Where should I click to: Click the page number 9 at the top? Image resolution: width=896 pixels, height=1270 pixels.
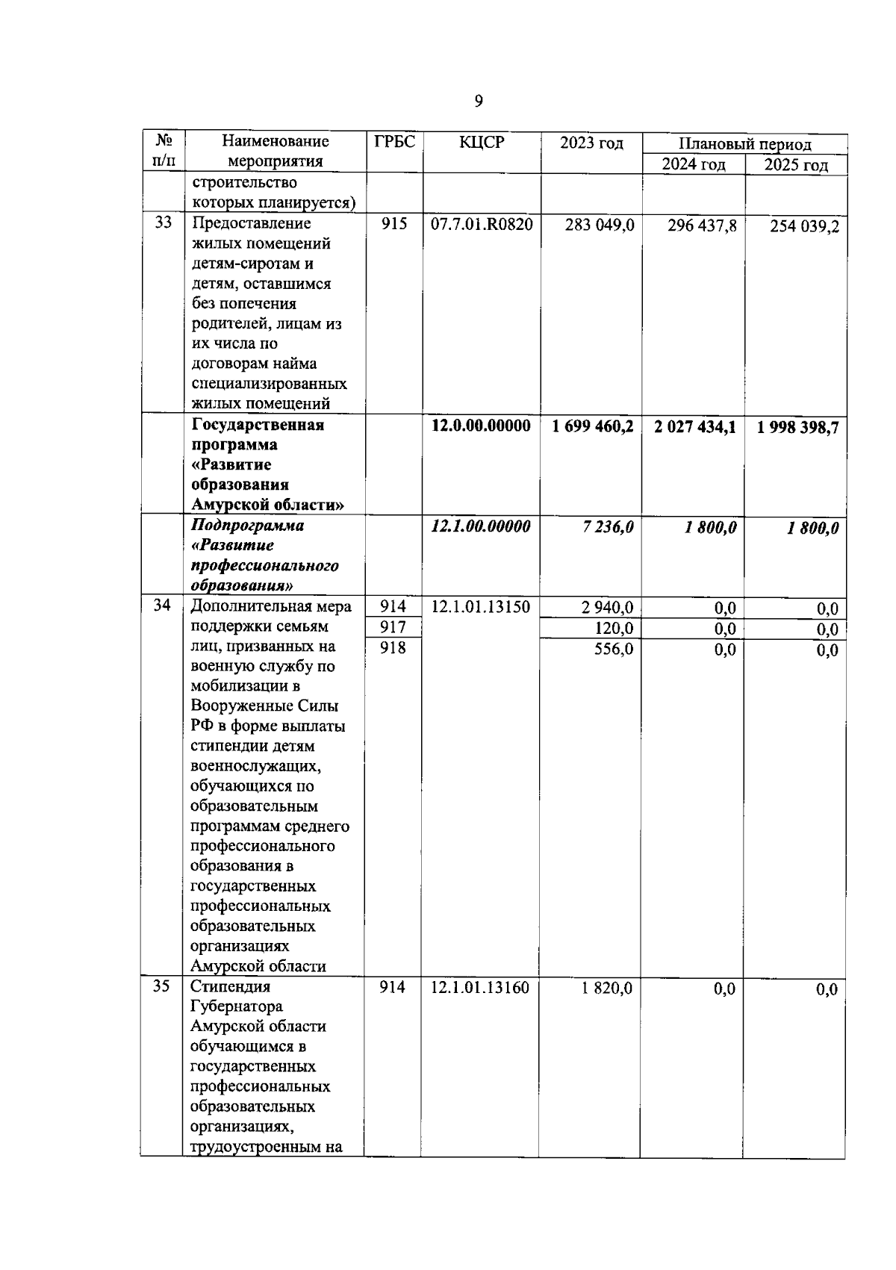coord(479,102)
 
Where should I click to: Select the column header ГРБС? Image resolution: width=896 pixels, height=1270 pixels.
coord(394,142)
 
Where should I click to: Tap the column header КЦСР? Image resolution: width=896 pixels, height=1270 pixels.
coord(482,142)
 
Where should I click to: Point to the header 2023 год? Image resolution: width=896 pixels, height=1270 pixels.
coord(591,143)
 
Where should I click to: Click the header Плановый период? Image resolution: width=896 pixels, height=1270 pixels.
coord(744,144)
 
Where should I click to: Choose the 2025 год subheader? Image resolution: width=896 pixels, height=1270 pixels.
coord(796,165)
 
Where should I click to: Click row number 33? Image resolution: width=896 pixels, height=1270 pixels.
coord(163,222)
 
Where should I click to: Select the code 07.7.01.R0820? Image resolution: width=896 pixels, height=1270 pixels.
coord(482,223)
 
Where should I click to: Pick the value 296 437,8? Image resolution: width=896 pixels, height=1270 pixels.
coord(701,225)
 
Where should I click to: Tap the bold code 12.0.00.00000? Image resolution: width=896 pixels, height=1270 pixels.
coord(482,426)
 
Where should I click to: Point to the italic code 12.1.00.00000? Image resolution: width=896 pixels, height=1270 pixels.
coord(482,526)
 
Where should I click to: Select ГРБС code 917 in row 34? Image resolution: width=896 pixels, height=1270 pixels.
coord(393,627)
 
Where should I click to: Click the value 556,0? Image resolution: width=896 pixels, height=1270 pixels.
coord(613,649)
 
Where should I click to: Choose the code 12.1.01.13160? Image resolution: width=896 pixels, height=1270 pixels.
coord(480,988)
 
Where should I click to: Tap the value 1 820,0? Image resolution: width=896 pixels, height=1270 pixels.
coord(606,988)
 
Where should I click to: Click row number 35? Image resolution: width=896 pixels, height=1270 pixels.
coord(161,986)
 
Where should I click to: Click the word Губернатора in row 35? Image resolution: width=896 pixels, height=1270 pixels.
coord(237,1006)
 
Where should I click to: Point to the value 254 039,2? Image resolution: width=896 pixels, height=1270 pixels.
coord(804,226)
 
